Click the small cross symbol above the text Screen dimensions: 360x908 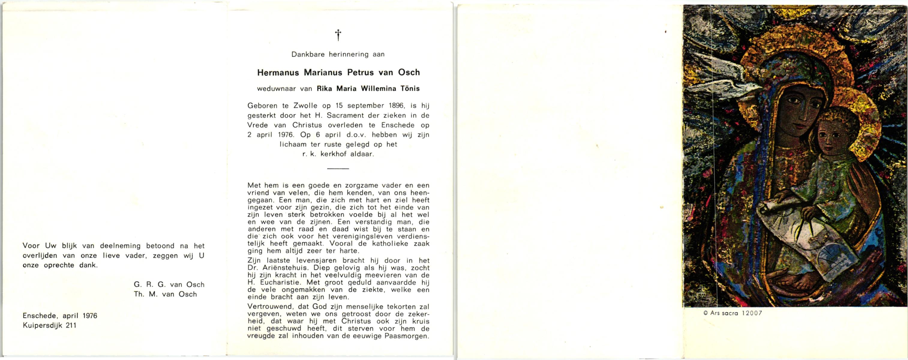coord(338,35)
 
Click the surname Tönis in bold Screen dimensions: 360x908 coord(408,88)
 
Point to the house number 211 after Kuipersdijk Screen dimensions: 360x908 coord(70,325)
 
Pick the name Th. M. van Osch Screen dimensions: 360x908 coord(165,294)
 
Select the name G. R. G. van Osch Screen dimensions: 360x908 coord(169,284)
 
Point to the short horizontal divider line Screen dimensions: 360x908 coord(338,169)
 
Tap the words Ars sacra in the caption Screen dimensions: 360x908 coord(723,313)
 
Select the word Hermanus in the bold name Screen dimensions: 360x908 coord(278,73)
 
